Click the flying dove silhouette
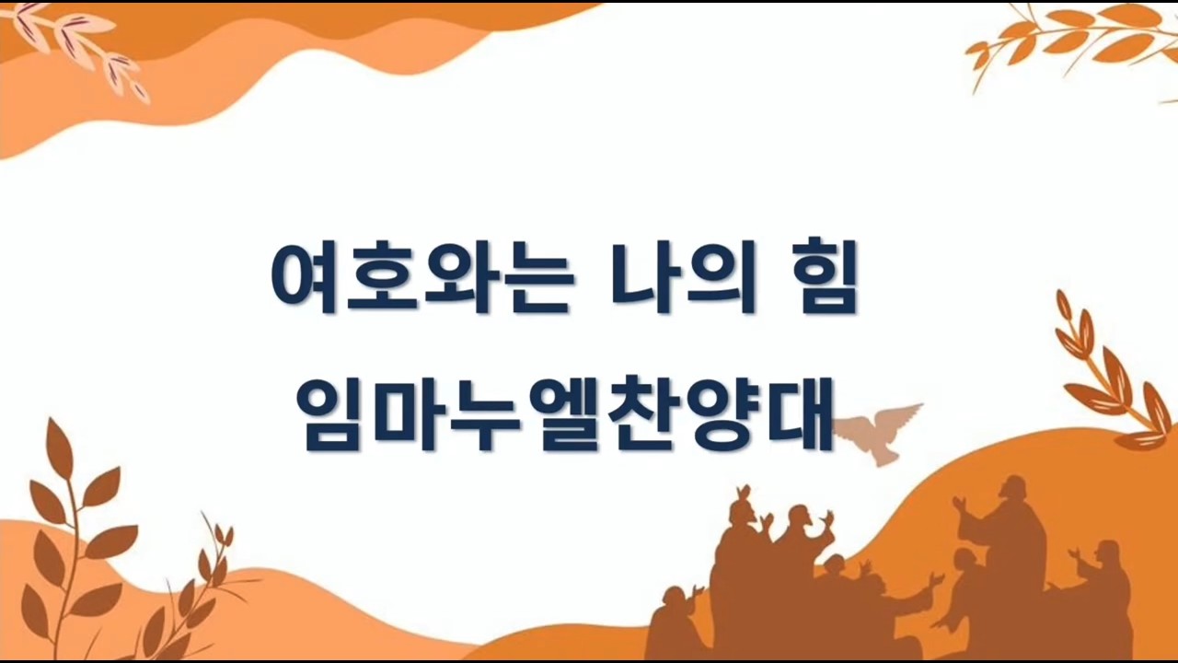875,433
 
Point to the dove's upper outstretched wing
899,414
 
